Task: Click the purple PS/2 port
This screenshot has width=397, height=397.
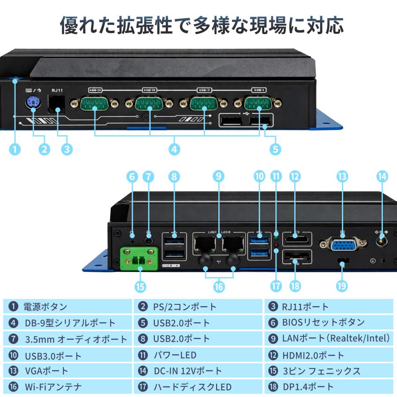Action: click(34, 104)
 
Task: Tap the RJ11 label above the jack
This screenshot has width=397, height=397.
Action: click(57, 90)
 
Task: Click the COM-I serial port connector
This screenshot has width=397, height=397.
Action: click(258, 104)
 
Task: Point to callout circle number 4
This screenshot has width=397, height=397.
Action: click(175, 150)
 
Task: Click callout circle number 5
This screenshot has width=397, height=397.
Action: click(275, 150)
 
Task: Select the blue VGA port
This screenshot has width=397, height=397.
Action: click(343, 244)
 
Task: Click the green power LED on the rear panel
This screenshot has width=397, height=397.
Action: click(277, 233)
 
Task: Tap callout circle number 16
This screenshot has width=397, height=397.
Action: click(219, 286)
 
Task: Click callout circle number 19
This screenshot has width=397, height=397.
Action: click(342, 286)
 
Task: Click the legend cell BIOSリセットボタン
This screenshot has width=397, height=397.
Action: click(329, 322)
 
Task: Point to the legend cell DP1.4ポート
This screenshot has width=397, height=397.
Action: click(329, 387)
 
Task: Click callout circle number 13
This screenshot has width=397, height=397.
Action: click(342, 176)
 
